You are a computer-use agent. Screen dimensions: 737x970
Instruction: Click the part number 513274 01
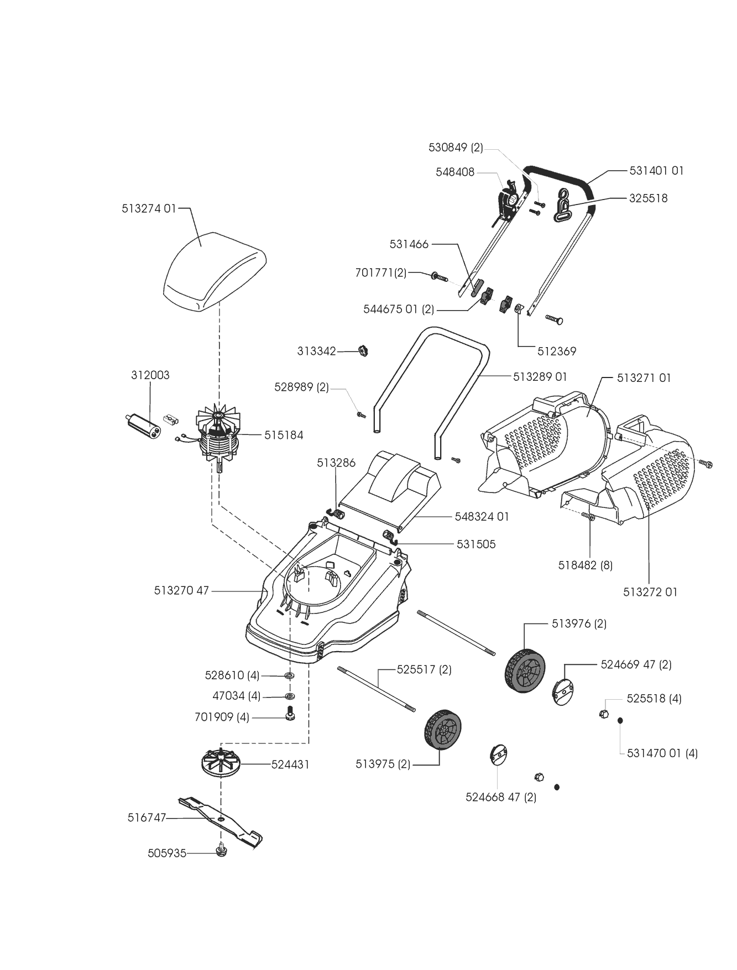coord(148,209)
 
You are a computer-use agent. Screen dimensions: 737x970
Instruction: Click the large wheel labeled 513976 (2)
coord(525,669)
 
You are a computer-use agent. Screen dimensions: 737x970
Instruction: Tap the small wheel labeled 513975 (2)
coord(442,730)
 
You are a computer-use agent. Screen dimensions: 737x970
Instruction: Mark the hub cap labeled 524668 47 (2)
coord(499,754)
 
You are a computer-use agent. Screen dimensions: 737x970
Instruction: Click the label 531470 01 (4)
coord(662,753)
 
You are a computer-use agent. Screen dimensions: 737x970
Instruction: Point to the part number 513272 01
coord(650,592)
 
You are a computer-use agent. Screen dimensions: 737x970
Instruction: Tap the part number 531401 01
coord(657,171)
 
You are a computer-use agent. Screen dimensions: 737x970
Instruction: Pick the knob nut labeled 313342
coord(363,350)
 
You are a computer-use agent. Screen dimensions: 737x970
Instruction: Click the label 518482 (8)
coord(586,565)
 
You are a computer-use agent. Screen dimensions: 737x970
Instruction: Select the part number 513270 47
coord(181,591)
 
